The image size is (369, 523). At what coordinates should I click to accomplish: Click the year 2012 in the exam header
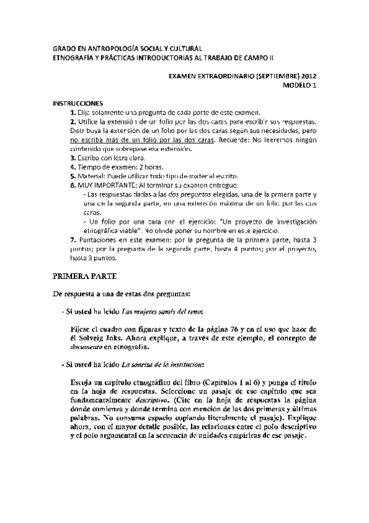click(x=307, y=77)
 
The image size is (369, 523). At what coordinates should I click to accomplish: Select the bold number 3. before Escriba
click(x=72, y=158)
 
